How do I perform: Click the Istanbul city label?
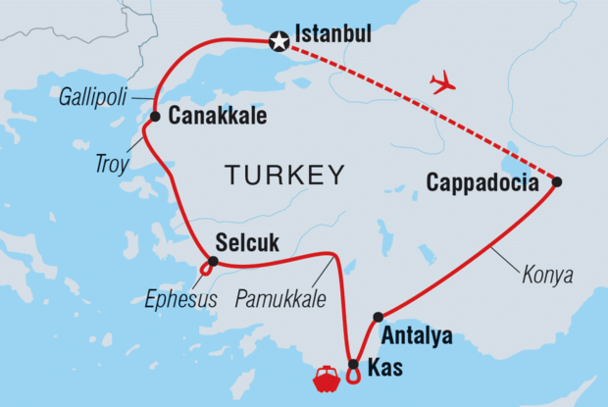click(334, 35)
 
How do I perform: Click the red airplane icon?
click(443, 81)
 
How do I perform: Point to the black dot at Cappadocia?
click(557, 181)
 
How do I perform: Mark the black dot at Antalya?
click(379, 317)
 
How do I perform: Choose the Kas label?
click(384, 370)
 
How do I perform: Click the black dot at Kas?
click(353, 365)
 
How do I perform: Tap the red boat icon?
click(325, 378)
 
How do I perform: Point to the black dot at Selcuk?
click(213, 261)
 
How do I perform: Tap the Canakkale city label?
click(218, 117)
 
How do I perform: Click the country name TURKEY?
click(284, 177)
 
